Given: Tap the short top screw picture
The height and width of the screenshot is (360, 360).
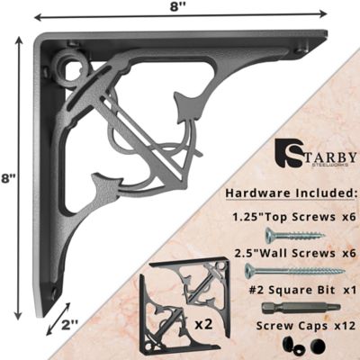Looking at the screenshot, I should [293, 235].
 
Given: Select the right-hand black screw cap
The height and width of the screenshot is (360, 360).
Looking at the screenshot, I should [317, 346].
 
